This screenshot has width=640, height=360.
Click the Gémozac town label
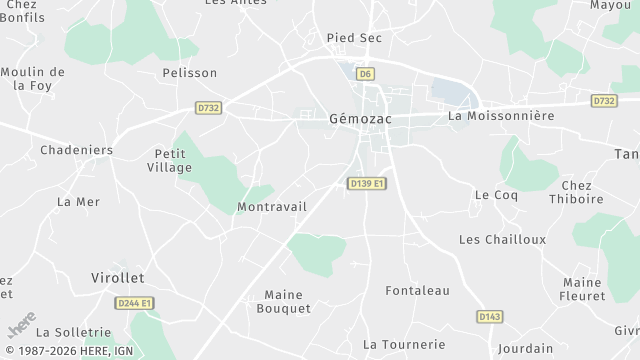tap(359, 119)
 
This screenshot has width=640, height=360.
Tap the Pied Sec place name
tap(355, 38)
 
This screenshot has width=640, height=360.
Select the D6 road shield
tap(367, 73)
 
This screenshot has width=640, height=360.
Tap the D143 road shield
tap(489, 316)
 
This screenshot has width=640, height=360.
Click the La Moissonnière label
tap(501, 116)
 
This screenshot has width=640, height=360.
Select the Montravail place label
tap(272, 206)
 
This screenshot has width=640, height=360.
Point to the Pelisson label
tap(190, 73)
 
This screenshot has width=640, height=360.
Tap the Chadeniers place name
tap(76, 150)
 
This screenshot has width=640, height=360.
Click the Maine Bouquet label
tap(288, 301)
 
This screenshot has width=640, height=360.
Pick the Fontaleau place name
tap(418, 291)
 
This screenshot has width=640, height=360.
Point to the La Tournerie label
tap(404, 344)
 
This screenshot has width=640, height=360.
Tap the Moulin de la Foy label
tap(33, 79)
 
